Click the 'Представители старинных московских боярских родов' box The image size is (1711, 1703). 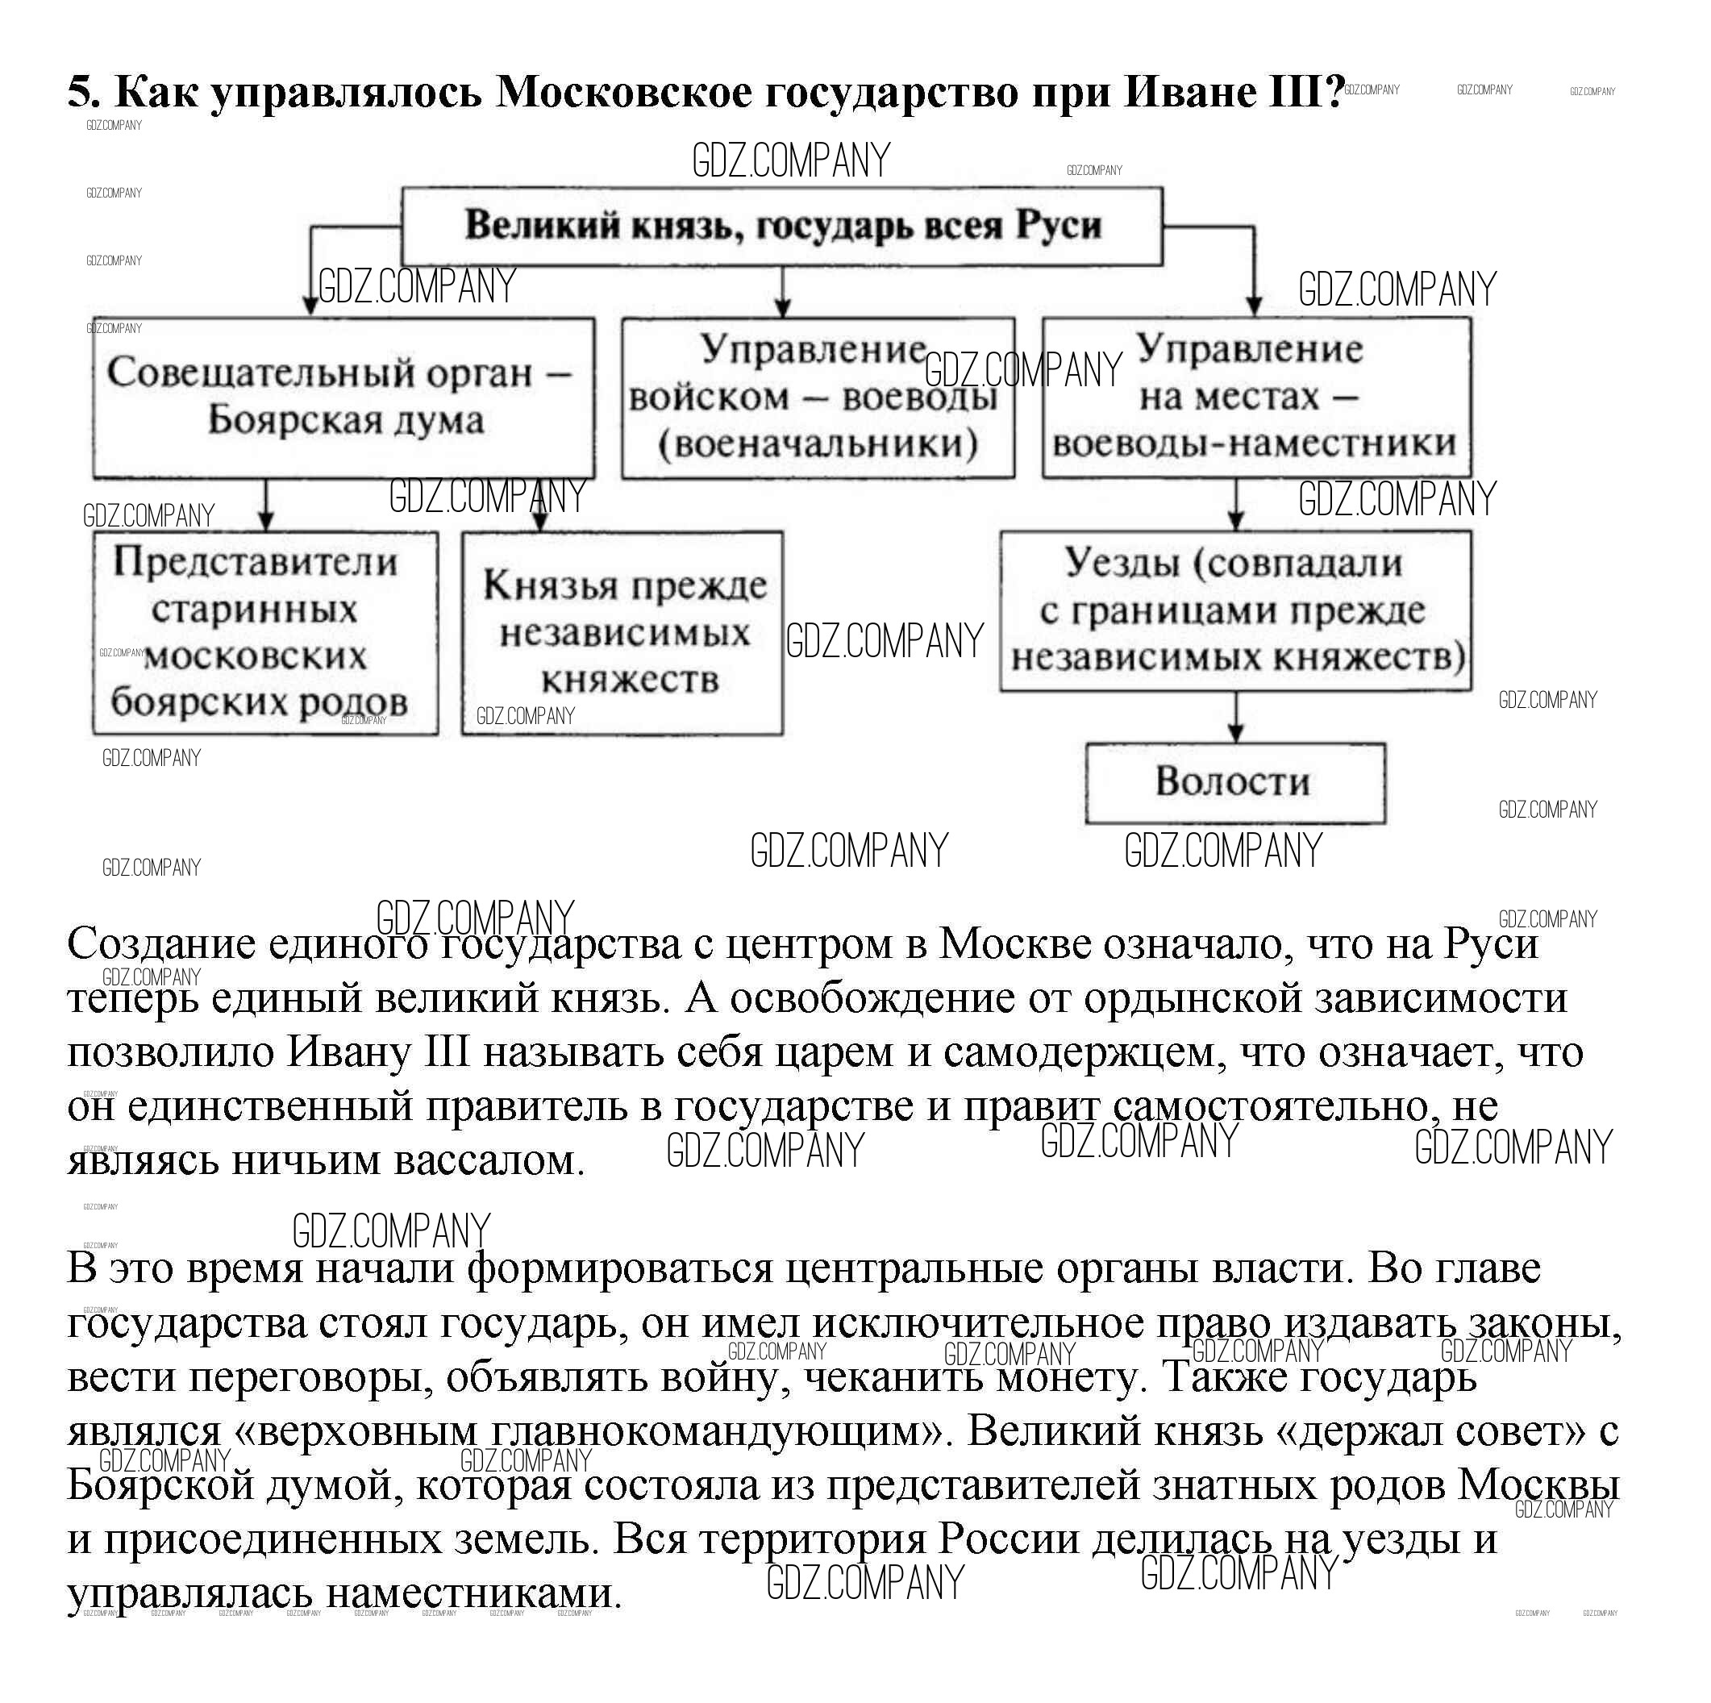pyautogui.click(x=264, y=632)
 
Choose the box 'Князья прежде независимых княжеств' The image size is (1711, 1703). pyautogui.click(x=622, y=632)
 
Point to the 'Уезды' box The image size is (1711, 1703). pyautogui.click(x=1235, y=610)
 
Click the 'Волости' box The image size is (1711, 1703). pyautogui.click(x=1234, y=783)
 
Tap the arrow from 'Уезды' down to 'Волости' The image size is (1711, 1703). pyautogui.click(x=1236, y=718)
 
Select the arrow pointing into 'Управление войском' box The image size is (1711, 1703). pyautogui.click(x=782, y=292)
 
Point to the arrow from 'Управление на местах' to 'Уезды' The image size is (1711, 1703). pyautogui.click(x=1235, y=505)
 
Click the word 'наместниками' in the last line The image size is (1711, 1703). pyautogui.click(x=474, y=1594)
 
